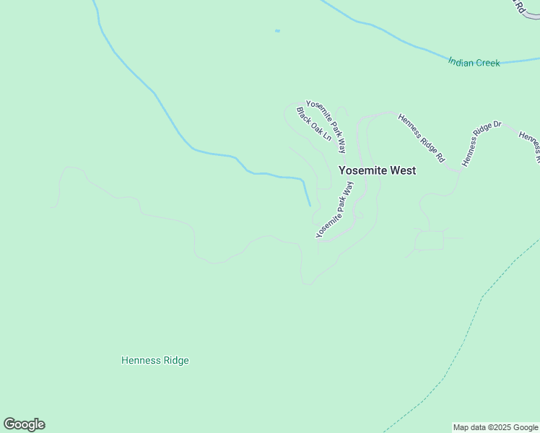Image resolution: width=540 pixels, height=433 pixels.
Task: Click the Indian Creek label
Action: [x=474, y=63]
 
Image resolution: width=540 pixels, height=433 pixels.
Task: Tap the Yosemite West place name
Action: [x=377, y=171]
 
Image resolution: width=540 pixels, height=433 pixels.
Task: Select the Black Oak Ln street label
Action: [x=313, y=124]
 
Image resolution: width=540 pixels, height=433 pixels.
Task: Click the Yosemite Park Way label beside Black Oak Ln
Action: [x=326, y=126]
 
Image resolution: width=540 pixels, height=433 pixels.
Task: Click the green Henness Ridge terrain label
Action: [x=154, y=360]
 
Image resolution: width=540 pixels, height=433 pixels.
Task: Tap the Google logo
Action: [x=24, y=424]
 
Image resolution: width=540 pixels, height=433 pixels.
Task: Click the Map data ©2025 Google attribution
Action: [x=496, y=427]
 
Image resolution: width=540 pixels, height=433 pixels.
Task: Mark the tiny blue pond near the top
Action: [x=277, y=31]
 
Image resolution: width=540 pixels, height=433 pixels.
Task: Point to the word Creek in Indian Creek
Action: [x=487, y=63]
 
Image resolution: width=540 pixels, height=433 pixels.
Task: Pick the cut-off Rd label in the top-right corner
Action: [x=518, y=6]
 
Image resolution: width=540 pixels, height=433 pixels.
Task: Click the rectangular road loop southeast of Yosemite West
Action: [x=430, y=240]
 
